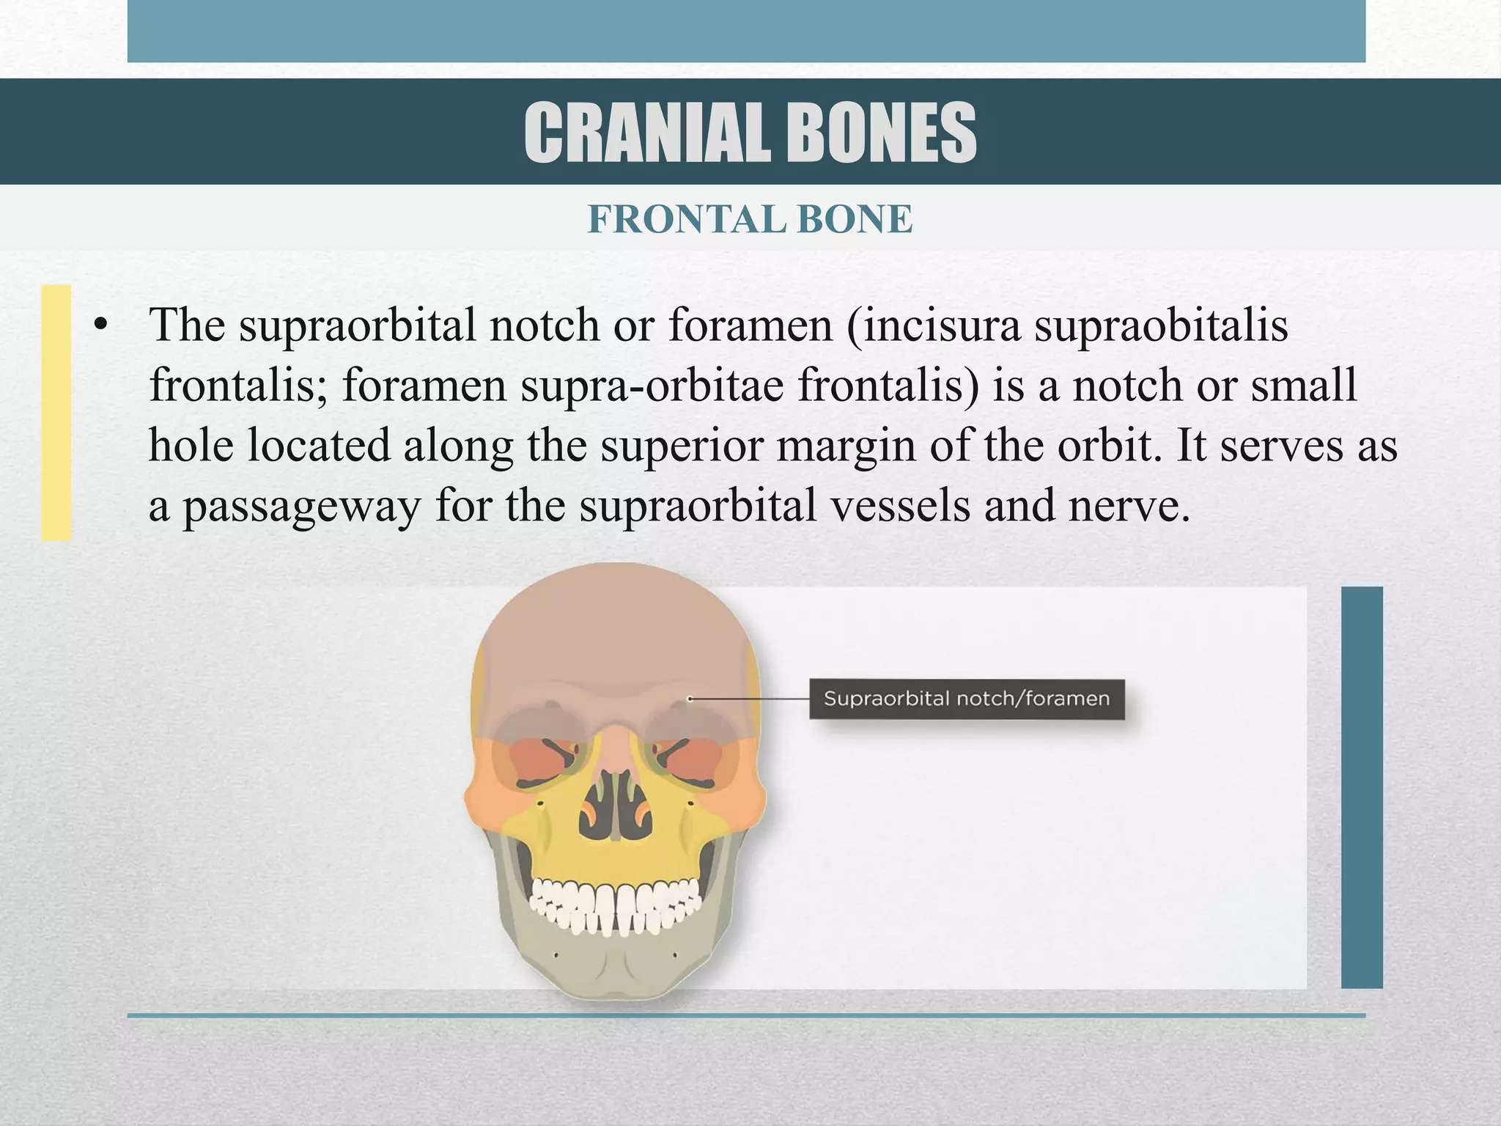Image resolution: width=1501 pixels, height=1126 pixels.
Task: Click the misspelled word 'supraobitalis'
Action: (1162, 325)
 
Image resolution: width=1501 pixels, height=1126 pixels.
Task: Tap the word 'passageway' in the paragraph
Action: (301, 506)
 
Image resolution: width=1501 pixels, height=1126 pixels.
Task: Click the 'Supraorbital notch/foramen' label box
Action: (966, 698)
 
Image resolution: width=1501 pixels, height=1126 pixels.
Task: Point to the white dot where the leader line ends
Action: (690, 699)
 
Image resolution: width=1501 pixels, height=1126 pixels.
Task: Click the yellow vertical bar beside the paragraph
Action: (56, 412)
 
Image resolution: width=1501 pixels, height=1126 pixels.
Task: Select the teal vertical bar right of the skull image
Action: (1362, 787)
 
